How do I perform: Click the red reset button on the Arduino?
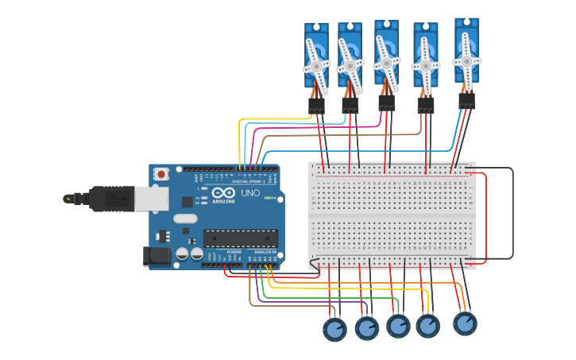coord(161,173)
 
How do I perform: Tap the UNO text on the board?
coord(250,193)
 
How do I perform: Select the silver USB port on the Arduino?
coord(152,199)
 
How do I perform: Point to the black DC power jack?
coord(157,255)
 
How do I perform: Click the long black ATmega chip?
coord(241,238)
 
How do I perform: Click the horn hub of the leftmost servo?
coord(316,68)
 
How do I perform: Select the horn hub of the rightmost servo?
coord(466,60)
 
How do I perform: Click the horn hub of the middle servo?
coord(387,63)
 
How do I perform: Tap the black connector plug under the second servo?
coord(350,105)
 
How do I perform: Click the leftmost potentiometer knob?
coord(334,329)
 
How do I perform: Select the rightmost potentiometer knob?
coord(466,323)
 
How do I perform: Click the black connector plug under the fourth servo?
coord(426,105)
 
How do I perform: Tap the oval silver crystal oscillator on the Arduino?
coord(185,219)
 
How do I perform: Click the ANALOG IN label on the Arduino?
coord(265,252)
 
